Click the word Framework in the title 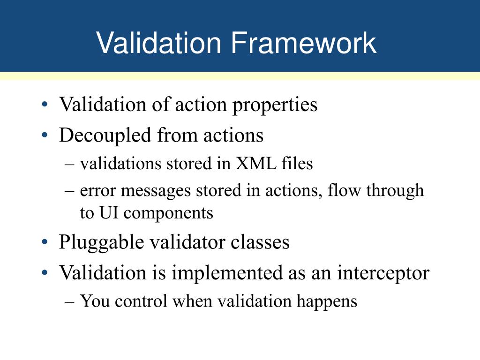(x=303, y=43)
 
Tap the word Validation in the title (x=158, y=43)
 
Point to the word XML (x=255, y=163)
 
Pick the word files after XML (x=297, y=163)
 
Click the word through (x=395, y=191)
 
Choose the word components (x=168, y=214)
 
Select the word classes (x=260, y=242)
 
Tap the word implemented (x=227, y=273)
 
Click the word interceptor (x=383, y=273)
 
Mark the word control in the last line (x=141, y=301)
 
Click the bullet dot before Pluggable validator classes (x=45, y=242)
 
